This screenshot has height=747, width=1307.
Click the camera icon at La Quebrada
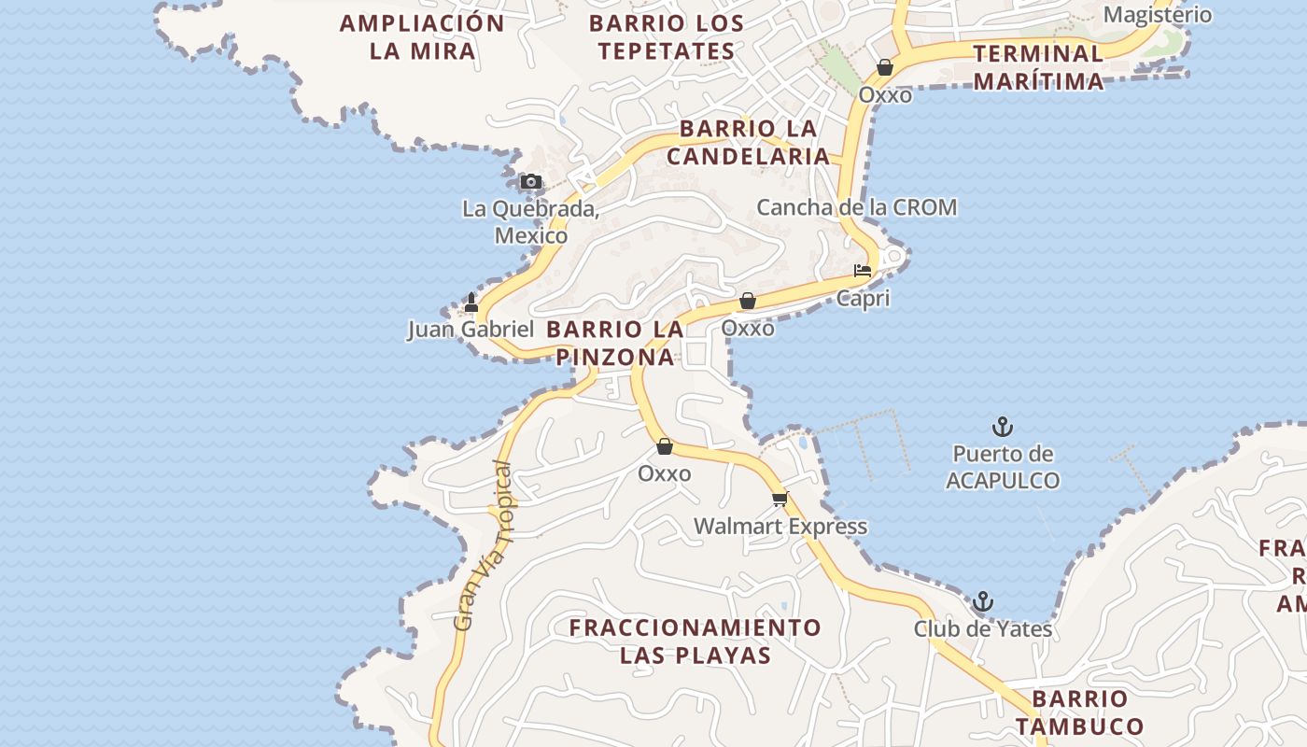pyautogui.click(x=530, y=182)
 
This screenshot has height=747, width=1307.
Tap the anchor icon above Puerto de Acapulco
pyautogui.click(x=1002, y=428)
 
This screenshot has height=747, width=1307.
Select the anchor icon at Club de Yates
pyautogui.click(x=982, y=601)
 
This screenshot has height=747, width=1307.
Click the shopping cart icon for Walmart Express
pyautogui.click(x=780, y=499)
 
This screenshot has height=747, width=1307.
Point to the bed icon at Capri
pyautogui.click(x=863, y=271)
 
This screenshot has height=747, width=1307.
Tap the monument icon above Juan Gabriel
pyautogui.click(x=471, y=302)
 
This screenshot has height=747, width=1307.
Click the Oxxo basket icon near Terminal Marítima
pyautogui.click(x=884, y=67)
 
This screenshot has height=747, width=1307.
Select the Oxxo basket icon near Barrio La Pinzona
pyautogui.click(x=747, y=301)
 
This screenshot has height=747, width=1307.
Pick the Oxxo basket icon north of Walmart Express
pyautogui.click(x=664, y=446)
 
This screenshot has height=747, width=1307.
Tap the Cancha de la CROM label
pyautogui.click(x=856, y=207)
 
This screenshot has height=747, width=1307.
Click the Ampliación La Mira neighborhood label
pyautogui.click(x=422, y=36)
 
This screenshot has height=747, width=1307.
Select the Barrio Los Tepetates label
pyautogui.click(x=667, y=36)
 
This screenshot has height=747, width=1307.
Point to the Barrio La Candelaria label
pyautogui.click(x=748, y=142)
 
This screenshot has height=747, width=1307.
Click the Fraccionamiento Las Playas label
pyautogui.click(x=696, y=641)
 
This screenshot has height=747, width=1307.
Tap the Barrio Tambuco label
pyautogui.click(x=1079, y=712)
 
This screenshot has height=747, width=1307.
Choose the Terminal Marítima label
pyautogui.click(x=1038, y=66)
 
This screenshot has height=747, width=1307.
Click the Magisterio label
pyautogui.click(x=1157, y=15)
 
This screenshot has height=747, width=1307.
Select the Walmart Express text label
pyautogui.click(x=780, y=527)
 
